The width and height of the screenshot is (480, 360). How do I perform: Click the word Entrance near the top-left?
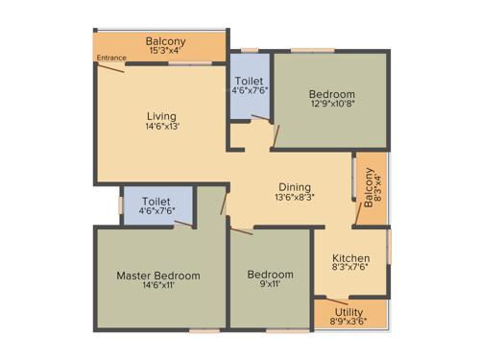111,60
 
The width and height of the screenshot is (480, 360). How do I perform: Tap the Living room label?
160,116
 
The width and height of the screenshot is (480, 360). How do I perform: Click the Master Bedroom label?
158,276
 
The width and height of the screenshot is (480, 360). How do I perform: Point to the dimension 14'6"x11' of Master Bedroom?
158,285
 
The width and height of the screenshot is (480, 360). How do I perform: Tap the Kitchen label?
351,258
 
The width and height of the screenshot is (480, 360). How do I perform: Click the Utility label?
348,312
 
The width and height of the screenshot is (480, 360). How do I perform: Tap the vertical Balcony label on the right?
369,190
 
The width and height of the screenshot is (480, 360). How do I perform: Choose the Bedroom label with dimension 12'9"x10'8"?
332,94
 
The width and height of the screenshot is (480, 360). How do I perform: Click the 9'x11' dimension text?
270,285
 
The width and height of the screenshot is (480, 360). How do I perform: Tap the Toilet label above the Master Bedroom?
156,202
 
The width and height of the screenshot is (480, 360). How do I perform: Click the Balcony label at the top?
165,41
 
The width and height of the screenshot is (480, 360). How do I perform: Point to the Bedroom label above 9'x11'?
270,276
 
